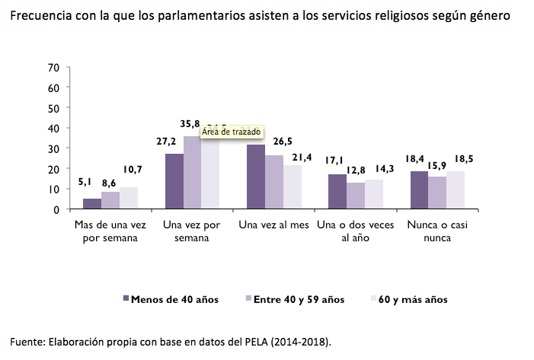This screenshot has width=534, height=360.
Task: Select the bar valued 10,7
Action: (129, 198)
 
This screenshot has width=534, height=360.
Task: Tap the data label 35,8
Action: (191, 123)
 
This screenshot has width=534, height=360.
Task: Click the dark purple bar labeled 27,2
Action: (174, 181)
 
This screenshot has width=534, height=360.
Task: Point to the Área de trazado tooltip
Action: (232, 132)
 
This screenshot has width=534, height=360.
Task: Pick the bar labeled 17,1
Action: (337, 191)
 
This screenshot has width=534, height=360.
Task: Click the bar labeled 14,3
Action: (374, 194)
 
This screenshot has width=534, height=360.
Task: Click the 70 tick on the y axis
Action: (53, 67)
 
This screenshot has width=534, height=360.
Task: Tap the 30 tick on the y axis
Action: (53, 148)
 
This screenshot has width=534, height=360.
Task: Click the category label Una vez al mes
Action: (272, 225)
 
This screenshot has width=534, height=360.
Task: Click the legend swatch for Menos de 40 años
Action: (126, 298)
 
